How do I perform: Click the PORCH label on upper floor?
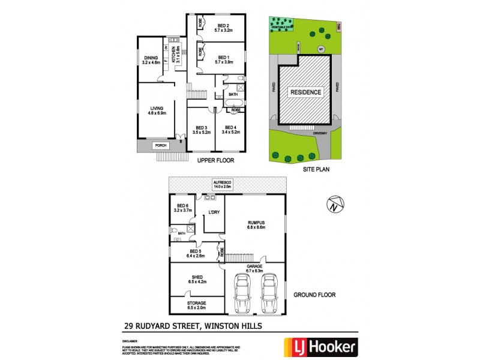[x=160, y=145]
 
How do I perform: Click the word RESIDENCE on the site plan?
[x=306, y=92]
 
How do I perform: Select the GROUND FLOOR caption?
[x=314, y=295]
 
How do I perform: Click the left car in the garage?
[x=242, y=294]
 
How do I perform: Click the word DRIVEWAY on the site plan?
[x=319, y=134]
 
